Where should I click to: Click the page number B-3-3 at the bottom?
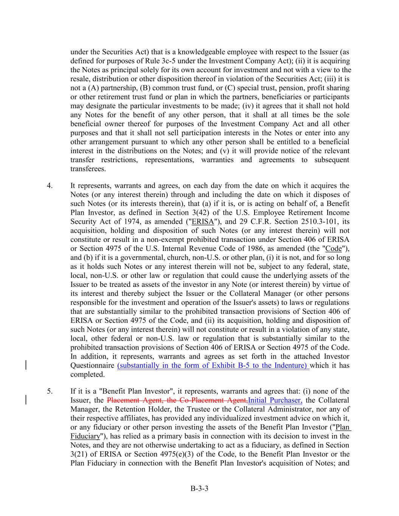[x=199, y=489]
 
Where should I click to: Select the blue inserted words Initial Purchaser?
[x=275, y=400]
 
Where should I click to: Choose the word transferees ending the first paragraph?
[x=88, y=169]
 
